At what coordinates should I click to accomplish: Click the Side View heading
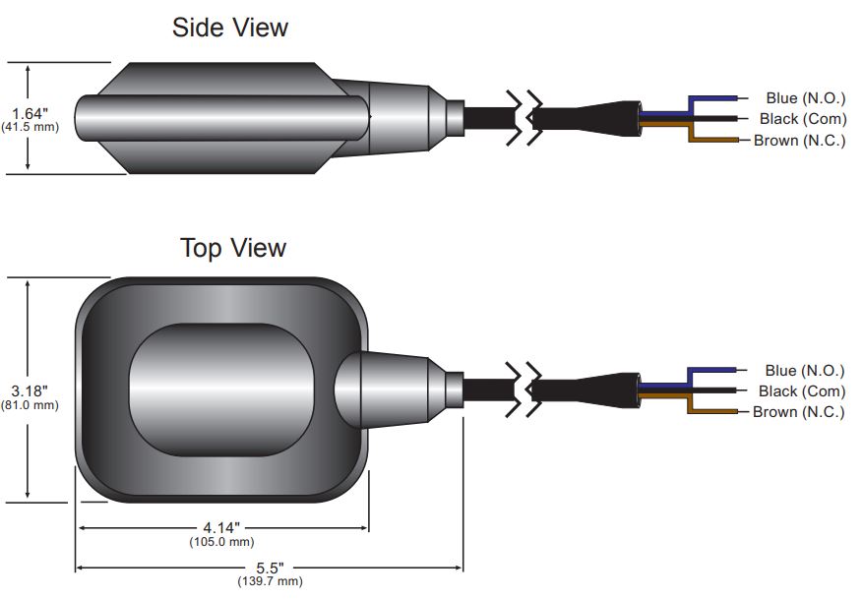pos(230,28)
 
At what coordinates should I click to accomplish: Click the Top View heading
pos(233,247)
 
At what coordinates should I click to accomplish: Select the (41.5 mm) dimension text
pos(30,127)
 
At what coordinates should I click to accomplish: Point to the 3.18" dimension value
pos(30,389)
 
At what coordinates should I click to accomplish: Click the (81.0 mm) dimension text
pos(30,404)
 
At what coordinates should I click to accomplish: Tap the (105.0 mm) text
pos(221,541)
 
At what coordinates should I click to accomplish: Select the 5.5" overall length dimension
pos(269,568)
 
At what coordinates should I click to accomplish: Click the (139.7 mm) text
pos(270,581)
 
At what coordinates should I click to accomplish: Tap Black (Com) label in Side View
pos(801,119)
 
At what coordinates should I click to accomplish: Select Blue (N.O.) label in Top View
pos(804,370)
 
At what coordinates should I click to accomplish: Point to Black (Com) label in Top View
pos(801,390)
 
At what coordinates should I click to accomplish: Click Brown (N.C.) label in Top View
pos(798,411)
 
